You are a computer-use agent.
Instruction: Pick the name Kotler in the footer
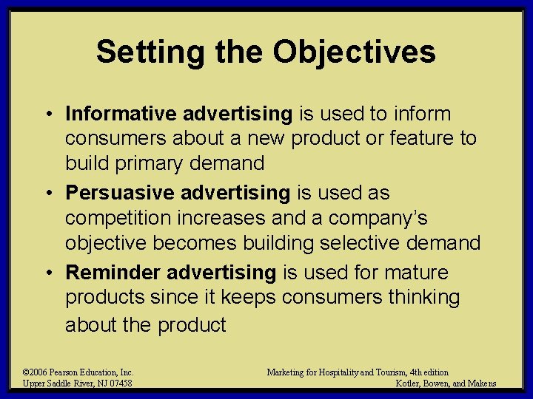pyautogui.click(x=409, y=383)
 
